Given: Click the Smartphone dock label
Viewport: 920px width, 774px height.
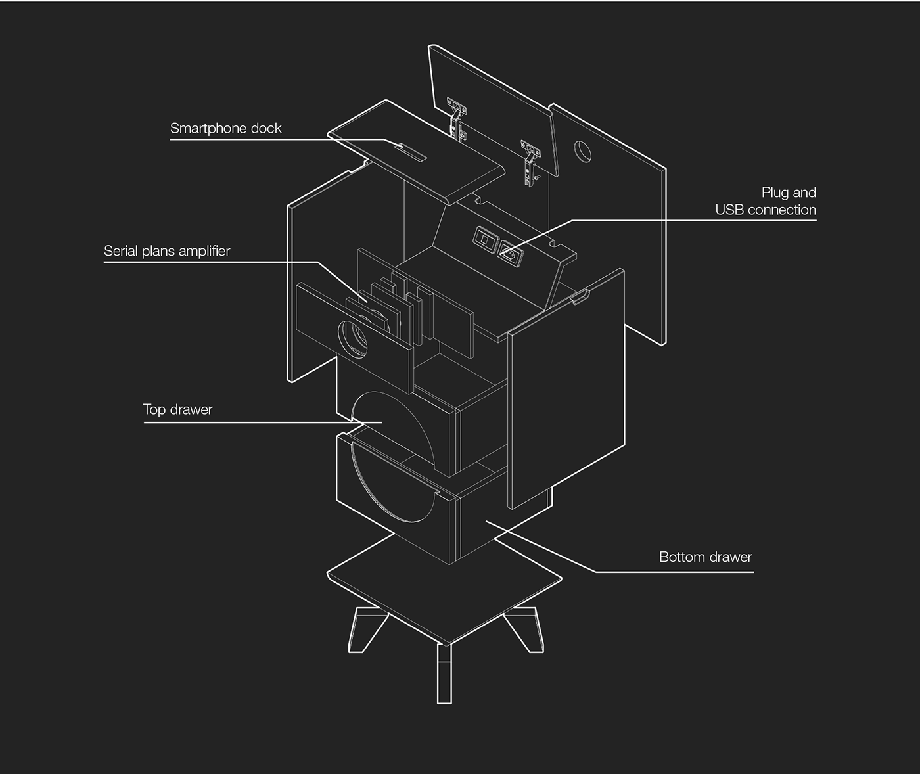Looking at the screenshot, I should (225, 128).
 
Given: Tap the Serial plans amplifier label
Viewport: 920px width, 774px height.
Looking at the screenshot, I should (167, 251).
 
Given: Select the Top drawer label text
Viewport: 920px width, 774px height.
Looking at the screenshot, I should (177, 409).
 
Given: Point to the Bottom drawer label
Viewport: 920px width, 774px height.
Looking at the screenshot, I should (705, 557).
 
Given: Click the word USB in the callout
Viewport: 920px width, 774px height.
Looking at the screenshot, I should (730, 210).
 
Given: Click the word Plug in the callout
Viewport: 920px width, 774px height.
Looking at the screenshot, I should (775, 193).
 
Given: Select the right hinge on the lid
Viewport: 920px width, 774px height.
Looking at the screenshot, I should (530, 159).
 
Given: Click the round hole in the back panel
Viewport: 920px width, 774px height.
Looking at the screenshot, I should (583, 151).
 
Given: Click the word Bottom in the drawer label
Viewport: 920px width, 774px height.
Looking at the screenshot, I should (679, 557).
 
